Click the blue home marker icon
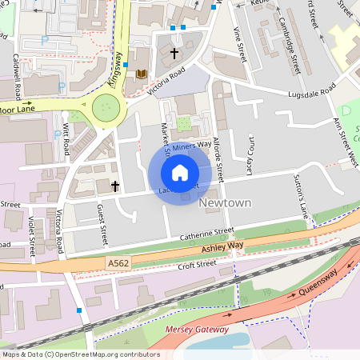(180, 172)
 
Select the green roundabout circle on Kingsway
(106, 108)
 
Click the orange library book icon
(141, 74)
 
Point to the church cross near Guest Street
(115, 186)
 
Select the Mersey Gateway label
(196, 329)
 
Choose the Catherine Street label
(206, 234)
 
